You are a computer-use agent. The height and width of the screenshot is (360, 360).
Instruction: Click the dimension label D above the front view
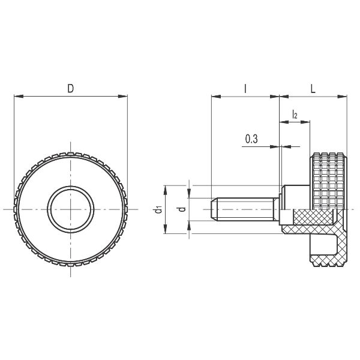click(x=70, y=88)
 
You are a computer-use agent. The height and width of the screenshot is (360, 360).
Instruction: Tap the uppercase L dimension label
click(x=314, y=88)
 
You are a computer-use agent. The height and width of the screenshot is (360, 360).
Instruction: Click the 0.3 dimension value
click(x=251, y=139)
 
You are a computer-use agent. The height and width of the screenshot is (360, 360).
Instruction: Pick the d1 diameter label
click(x=158, y=209)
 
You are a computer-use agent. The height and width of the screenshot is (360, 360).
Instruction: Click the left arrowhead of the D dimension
click(x=16, y=95)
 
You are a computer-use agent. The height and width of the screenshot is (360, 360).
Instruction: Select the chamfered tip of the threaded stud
click(x=214, y=209)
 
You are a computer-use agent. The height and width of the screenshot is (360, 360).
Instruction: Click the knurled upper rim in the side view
click(x=329, y=157)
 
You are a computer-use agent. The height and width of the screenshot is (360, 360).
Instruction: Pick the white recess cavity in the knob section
click(x=324, y=245)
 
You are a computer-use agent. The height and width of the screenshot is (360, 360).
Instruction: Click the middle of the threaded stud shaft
click(x=246, y=209)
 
